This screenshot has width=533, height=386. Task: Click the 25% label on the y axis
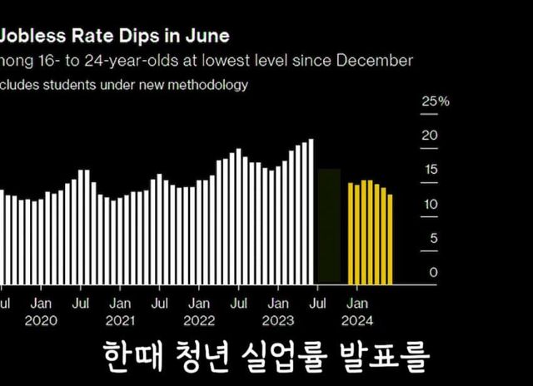436,101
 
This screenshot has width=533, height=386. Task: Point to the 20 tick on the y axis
430,136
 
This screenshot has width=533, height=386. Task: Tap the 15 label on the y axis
430,170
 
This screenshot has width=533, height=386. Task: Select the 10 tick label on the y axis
430,204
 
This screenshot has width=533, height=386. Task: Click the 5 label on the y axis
432,238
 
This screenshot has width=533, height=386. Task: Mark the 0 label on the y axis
432,272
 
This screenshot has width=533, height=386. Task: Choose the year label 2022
199,320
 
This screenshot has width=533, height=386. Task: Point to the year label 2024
358,320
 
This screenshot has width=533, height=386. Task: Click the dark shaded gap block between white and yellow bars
329,225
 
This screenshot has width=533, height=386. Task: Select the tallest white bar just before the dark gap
311,211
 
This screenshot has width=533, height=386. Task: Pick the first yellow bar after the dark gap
351,233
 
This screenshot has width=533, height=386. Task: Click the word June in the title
207,37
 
